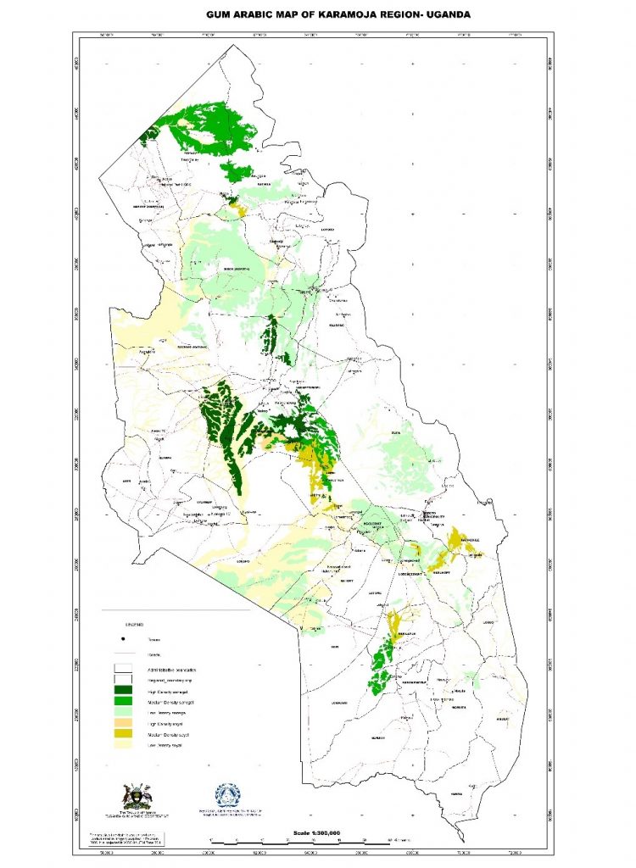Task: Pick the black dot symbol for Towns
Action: pyautogui.click(x=124, y=638)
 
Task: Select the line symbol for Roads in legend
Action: pyautogui.click(x=124, y=654)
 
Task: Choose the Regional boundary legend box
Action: pyautogui.click(x=124, y=681)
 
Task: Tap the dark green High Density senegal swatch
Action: pyautogui.click(x=124, y=692)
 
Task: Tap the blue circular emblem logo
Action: pyautogui.click(x=227, y=795)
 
